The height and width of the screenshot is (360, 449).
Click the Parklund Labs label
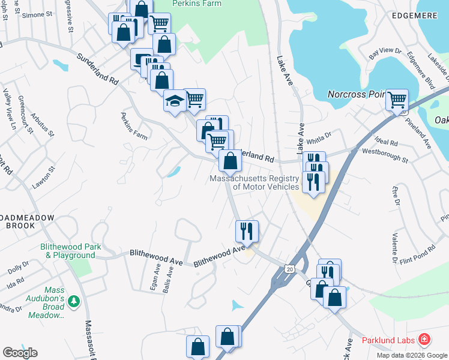pyautogui.click(x=388, y=341)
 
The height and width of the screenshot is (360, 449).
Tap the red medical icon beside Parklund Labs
pyautogui.click(x=425, y=340)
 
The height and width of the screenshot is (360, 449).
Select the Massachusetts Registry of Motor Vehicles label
pyautogui.click(x=262, y=182)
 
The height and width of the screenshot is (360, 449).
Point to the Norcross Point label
pyautogui.click(x=355, y=94)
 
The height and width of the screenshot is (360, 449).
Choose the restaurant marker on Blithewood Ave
pyautogui.click(x=246, y=230)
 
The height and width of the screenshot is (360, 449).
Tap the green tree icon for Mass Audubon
pyautogui.click(x=74, y=300)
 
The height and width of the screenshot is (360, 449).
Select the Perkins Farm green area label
pyautogui.click(x=197, y=4)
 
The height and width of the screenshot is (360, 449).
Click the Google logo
pyautogui.click(x=20, y=353)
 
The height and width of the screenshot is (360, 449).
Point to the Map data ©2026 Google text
pyautogui.click(x=412, y=355)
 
